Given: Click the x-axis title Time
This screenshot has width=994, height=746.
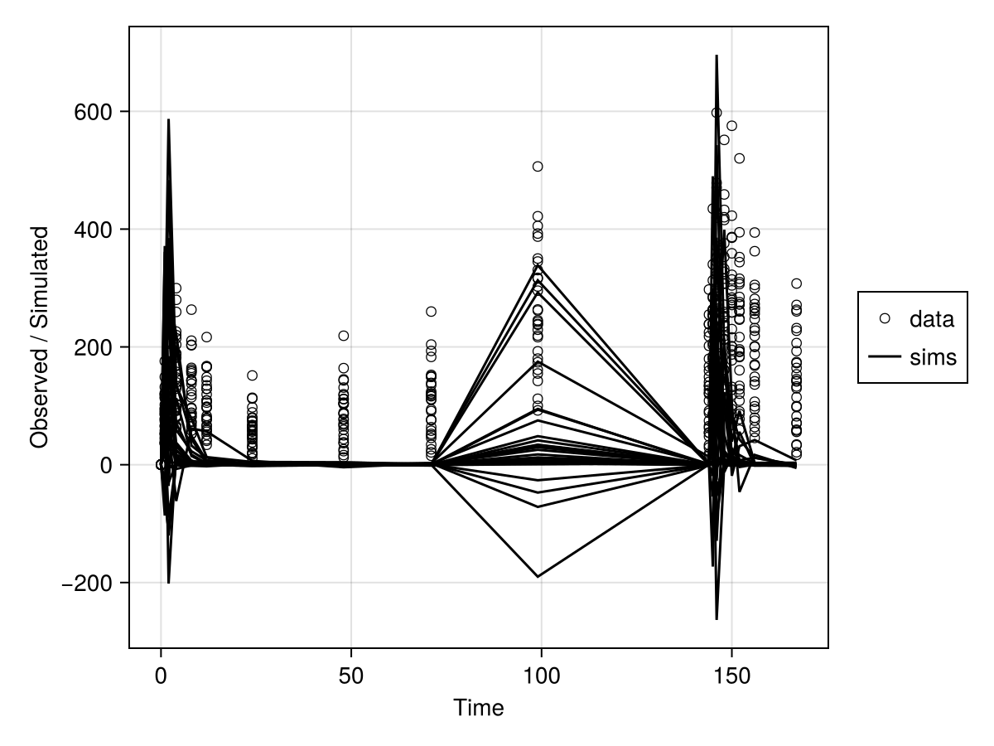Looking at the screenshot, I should coord(478,708).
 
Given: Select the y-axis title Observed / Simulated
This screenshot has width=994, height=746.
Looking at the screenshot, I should coord(39,337).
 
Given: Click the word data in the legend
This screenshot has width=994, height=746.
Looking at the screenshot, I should coord(932,319).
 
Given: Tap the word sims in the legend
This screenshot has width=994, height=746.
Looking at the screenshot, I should coord(933,357).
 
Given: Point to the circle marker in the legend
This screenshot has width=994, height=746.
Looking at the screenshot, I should coord(885,318).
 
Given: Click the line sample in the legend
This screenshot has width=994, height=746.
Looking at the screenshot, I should coord(885,357).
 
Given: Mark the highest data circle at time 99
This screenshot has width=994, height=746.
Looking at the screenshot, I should coord(538,167).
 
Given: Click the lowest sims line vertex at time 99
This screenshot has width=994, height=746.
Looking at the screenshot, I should coord(538,577).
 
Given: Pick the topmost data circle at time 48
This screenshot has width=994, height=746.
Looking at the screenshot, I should coord(344,336).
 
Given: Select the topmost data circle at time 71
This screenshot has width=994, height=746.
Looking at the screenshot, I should coord(432,312).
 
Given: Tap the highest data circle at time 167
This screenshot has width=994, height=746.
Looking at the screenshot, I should coord(797,283).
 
